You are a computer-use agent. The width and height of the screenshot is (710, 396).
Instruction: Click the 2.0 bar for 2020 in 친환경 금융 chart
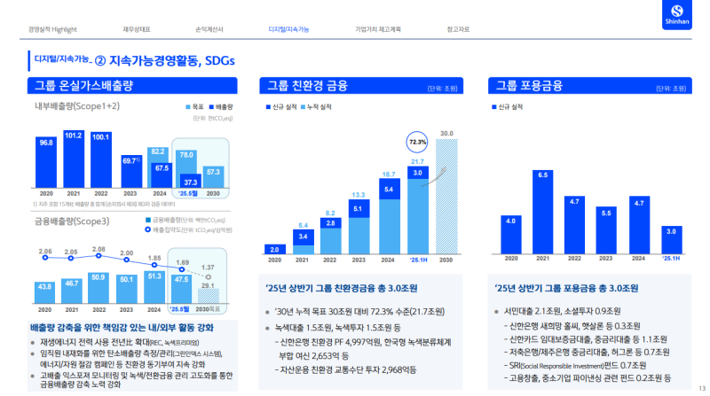tap(274, 250)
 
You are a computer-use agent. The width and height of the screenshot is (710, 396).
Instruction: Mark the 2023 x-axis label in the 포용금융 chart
tap(606, 259)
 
